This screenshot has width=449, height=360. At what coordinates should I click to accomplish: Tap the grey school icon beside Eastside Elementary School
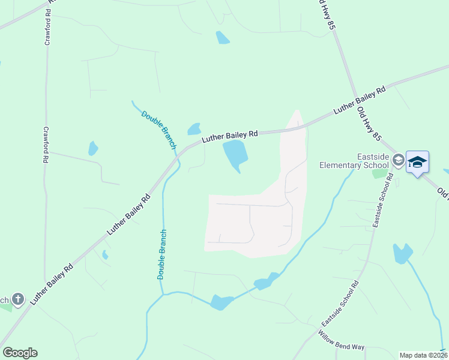(x=398, y=159)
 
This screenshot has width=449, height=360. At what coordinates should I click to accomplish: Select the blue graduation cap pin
(x=417, y=162)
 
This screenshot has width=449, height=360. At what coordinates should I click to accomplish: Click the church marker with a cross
(x=18, y=298)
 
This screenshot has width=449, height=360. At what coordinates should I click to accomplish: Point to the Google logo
(x=20, y=353)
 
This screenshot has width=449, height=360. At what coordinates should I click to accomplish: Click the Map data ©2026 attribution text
(x=423, y=355)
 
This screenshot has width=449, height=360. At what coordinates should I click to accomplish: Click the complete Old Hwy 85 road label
(x=369, y=124)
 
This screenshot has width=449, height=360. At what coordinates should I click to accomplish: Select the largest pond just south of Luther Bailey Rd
(x=235, y=154)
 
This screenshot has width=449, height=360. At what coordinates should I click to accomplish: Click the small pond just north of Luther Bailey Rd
(x=194, y=128)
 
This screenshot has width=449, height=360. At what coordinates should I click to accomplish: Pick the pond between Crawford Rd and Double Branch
(x=93, y=148)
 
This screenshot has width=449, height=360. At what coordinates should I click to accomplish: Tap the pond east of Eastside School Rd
(x=402, y=253)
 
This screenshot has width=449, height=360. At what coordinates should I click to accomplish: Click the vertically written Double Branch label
(x=161, y=254)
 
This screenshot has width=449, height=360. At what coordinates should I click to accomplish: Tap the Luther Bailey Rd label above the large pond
(x=230, y=136)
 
